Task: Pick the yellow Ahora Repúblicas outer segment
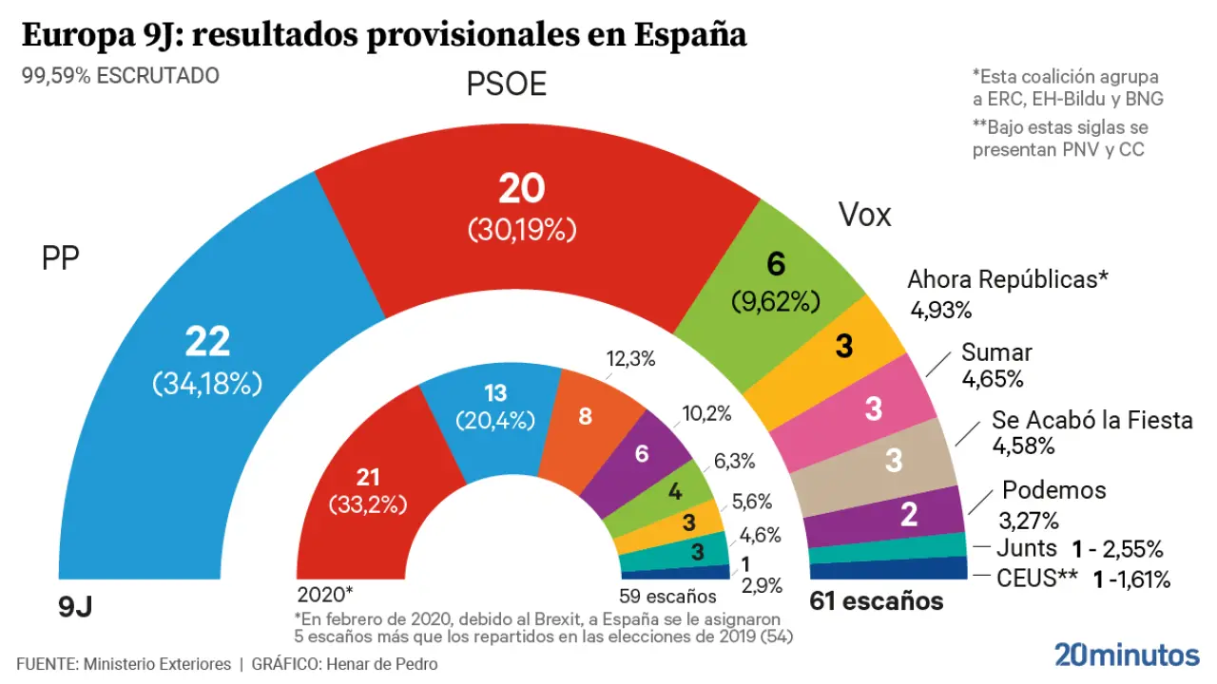coord(841,348)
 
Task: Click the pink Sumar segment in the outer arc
coord(873,408)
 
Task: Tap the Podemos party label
coord(1054,490)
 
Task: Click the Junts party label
coord(1027,548)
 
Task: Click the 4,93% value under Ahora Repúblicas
coord(940,310)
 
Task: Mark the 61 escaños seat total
coord(876,601)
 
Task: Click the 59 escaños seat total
coord(666,597)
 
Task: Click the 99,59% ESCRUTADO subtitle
coord(121,76)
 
